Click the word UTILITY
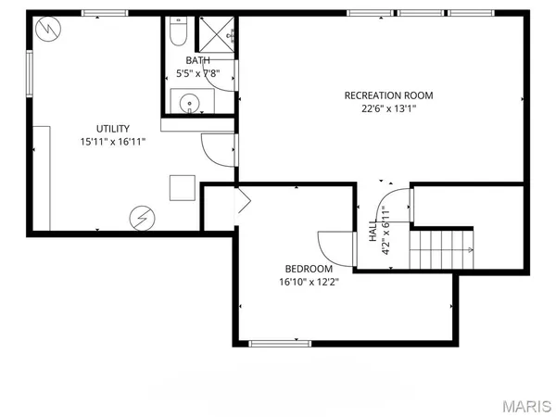[x=113, y=129]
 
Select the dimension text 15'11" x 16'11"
[x=113, y=142]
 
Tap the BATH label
[x=197, y=61]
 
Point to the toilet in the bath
[x=179, y=35]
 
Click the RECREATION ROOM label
[x=388, y=95]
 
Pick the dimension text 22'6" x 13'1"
[x=388, y=108]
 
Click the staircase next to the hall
[x=444, y=249]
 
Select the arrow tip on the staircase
[x=472, y=250]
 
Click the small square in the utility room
[x=182, y=187]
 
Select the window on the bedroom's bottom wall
[x=280, y=344]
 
